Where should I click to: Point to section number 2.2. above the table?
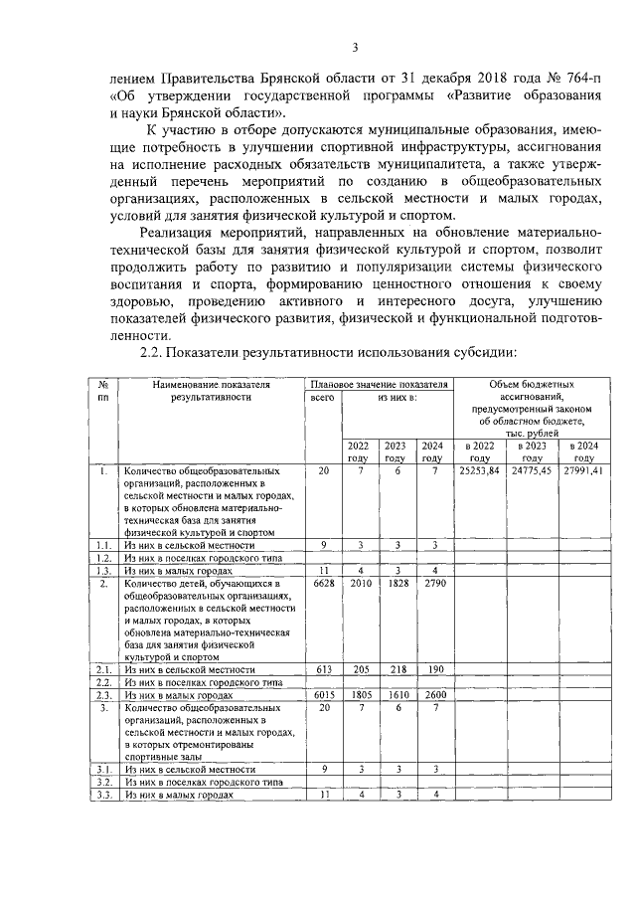[x=155, y=353]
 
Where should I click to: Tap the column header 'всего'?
[x=322, y=397]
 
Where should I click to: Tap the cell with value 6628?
[x=322, y=584]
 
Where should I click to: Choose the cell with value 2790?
[x=430, y=584]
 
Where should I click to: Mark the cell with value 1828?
[x=395, y=584]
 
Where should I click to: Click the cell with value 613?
[x=322, y=670]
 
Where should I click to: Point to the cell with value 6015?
[x=322, y=696]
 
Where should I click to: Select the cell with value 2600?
[x=430, y=696]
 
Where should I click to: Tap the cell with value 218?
[x=395, y=670]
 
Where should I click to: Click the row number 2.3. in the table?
[x=101, y=696]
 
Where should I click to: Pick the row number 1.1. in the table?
[x=101, y=545]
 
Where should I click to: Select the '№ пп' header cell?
[x=101, y=390]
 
